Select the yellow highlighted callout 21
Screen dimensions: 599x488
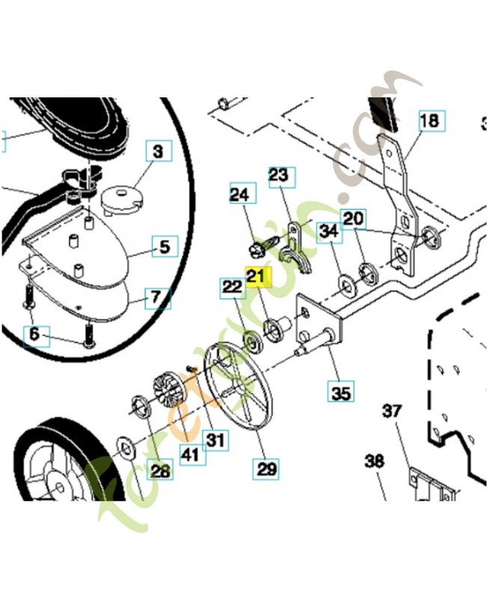click(x=257, y=278)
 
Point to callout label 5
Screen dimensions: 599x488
click(x=164, y=246)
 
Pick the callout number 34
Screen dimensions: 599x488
click(x=328, y=231)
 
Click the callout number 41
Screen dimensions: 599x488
click(x=192, y=454)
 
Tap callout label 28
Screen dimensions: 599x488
click(x=160, y=471)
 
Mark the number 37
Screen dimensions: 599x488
click(x=392, y=411)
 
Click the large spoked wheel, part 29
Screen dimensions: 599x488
click(x=238, y=385)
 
